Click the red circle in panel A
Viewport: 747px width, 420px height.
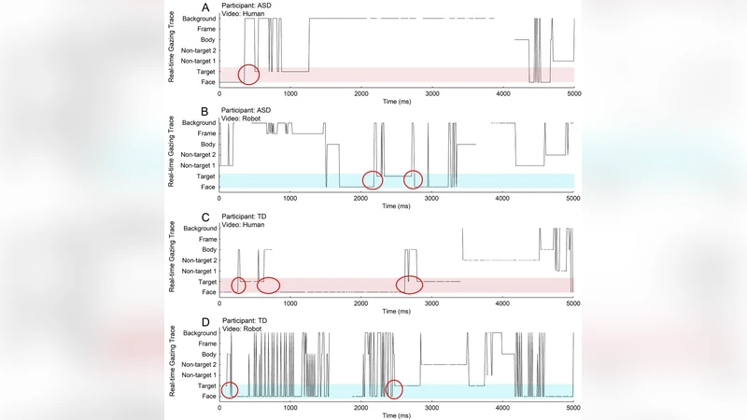(x=248, y=74)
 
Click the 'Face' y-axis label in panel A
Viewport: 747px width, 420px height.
(x=207, y=82)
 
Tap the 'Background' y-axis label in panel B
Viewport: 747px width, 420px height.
(x=198, y=122)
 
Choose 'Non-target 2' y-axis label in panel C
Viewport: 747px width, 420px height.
(x=199, y=259)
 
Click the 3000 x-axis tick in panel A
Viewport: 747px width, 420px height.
(x=432, y=91)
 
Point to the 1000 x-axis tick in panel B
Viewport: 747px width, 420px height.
(x=290, y=197)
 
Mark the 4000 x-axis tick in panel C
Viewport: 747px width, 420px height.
(x=503, y=301)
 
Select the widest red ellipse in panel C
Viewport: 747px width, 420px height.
(x=409, y=285)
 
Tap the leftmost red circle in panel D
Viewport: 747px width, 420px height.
(x=229, y=390)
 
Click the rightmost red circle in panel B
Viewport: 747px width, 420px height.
(x=413, y=179)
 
